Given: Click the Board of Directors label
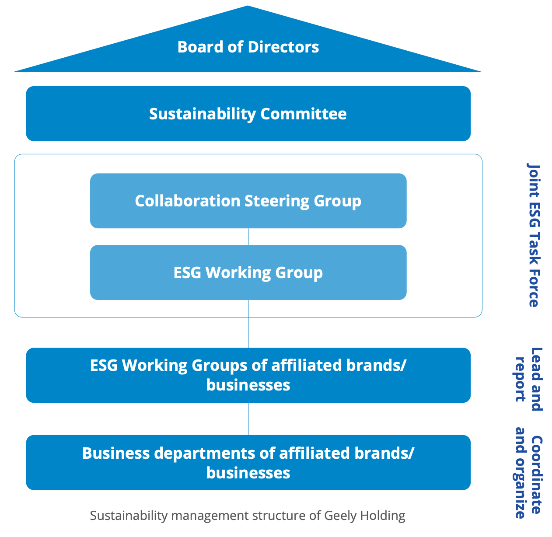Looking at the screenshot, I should point(248,47).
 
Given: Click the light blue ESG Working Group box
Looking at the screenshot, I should point(248,272).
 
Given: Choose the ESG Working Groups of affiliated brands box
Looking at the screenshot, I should point(248,375).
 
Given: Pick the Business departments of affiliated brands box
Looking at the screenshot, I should point(248,462).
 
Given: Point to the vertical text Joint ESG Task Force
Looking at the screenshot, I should point(533,235).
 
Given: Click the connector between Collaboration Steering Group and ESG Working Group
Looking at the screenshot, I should point(248,237).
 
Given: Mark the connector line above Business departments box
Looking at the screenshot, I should point(248,418).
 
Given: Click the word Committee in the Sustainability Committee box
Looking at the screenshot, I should point(304,114).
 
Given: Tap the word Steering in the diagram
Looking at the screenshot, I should point(277,201).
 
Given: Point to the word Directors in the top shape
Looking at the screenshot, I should point(283,47).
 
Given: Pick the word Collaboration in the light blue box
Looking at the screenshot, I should point(188,201).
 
